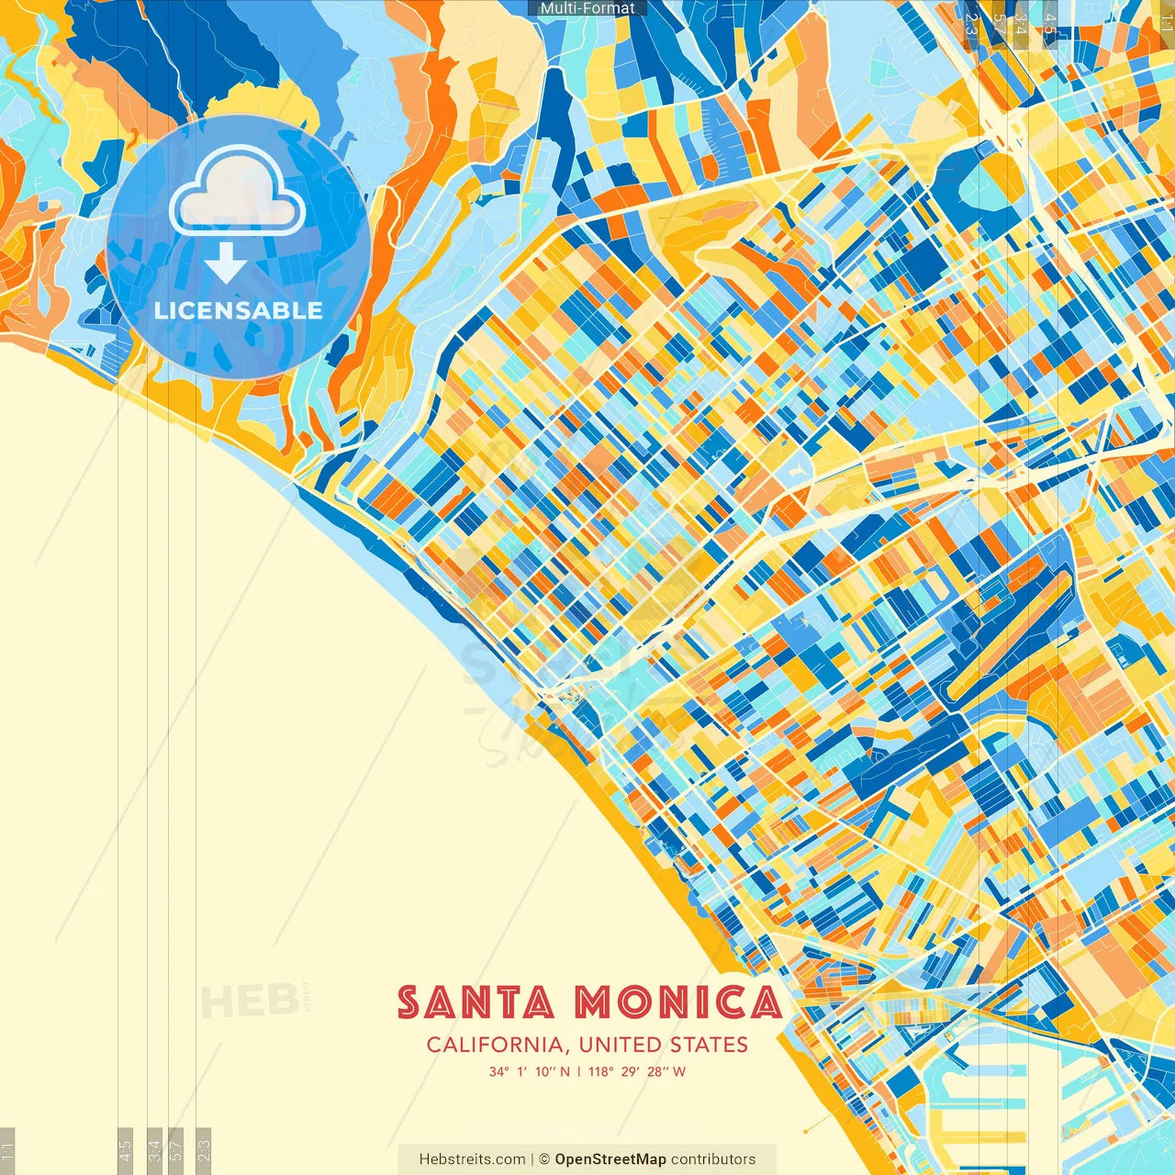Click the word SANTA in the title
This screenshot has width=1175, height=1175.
[476, 1002]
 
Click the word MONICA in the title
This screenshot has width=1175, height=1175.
[678, 1002]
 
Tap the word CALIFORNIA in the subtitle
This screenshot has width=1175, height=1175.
[495, 1045]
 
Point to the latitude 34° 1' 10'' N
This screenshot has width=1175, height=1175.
[529, 1071]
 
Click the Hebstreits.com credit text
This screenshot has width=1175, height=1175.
[472, 1159]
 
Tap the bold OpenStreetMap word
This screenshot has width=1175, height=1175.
[610, 1159]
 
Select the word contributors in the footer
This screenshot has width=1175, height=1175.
[713, 1159]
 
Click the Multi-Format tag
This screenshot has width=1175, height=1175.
[587, 8]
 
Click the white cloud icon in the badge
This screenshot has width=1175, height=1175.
[238, 194]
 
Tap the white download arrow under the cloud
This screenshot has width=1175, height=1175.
[226, 263]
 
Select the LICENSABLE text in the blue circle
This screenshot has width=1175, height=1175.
[239, 310]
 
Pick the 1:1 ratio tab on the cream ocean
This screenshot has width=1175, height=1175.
[7, 1150]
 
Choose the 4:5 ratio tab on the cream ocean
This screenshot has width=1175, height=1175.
[126, 1150]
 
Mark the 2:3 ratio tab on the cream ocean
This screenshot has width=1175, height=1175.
[204, 1150]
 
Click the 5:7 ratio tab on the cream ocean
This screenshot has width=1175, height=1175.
[176, 1150]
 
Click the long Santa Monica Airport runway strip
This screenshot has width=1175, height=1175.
[1010, 633]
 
